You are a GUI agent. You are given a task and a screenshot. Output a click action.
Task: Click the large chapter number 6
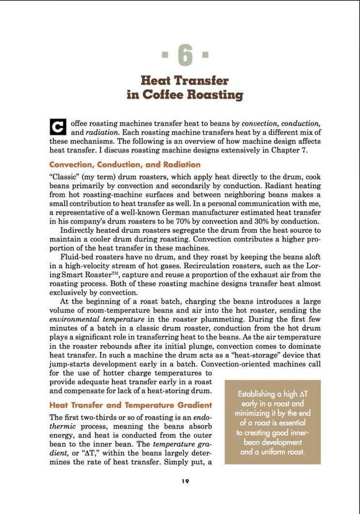click(x=184, y=56)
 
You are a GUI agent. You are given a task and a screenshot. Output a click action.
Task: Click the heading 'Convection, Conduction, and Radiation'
click(x=124, y=165)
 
